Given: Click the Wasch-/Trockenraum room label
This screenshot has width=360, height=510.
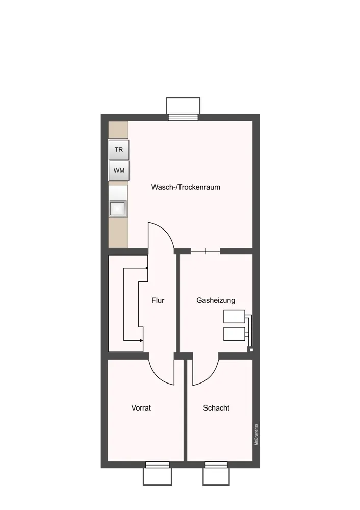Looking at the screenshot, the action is click(x=186, y=187).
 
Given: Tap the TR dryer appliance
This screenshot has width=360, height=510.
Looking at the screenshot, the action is click(x=119, y=150).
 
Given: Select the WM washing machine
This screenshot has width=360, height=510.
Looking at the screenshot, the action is click(x=119, y=170).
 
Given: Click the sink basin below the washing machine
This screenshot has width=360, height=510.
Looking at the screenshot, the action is click(x=117, y=209).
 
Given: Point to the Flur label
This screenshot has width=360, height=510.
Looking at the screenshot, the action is click(x=158, y=300).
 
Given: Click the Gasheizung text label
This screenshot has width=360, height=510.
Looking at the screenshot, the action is click(x=216, y=300).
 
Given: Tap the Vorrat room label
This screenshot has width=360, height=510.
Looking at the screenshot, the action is click(x=141, y=408).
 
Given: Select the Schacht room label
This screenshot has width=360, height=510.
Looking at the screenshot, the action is click(x=216, y=408).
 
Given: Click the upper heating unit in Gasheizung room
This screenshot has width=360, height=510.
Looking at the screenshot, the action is click(x=234, y=317).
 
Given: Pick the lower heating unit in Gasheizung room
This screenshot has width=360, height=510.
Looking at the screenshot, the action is click(x=234, y=334).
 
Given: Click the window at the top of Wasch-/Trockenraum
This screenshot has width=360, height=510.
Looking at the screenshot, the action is click(x=183, y=117).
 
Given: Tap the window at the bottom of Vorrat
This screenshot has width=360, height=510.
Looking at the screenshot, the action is click(x=158, y=465).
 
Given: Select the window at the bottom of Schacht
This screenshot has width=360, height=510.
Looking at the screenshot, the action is click(x=216, y=465).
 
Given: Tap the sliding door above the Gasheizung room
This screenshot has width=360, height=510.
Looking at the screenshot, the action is click(x=205, y=251).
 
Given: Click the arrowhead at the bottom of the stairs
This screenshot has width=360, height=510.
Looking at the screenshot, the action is click(x=141, y=341).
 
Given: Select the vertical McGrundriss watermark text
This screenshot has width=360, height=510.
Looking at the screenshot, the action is click(x=256, y=435).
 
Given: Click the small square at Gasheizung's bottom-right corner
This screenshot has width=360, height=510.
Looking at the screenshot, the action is click(x=251, y=350).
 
